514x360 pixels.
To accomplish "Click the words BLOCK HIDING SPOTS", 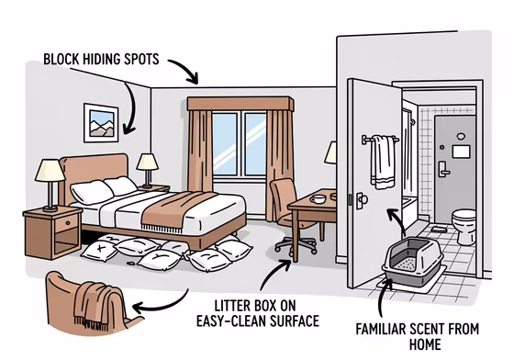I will [x=102, y=61].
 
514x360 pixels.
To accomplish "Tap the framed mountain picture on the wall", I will [x=100, y=122].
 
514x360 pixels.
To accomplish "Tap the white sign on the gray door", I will [x=462, y=150].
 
